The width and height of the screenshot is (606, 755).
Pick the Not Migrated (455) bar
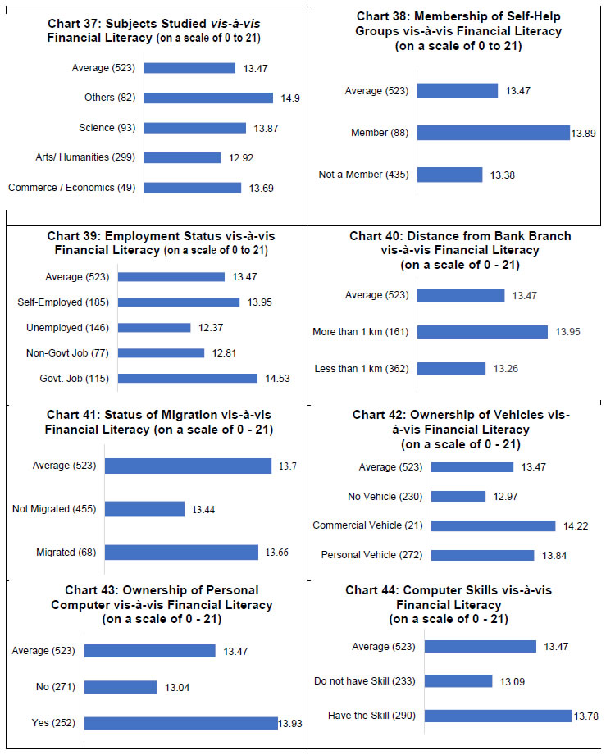coord(144,509)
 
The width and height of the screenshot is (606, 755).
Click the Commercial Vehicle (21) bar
coord(493,525)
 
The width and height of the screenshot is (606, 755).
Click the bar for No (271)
coord(121,687)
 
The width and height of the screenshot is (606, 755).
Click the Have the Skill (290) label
coord(371,716)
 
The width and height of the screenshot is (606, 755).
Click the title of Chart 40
coord(460,250)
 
